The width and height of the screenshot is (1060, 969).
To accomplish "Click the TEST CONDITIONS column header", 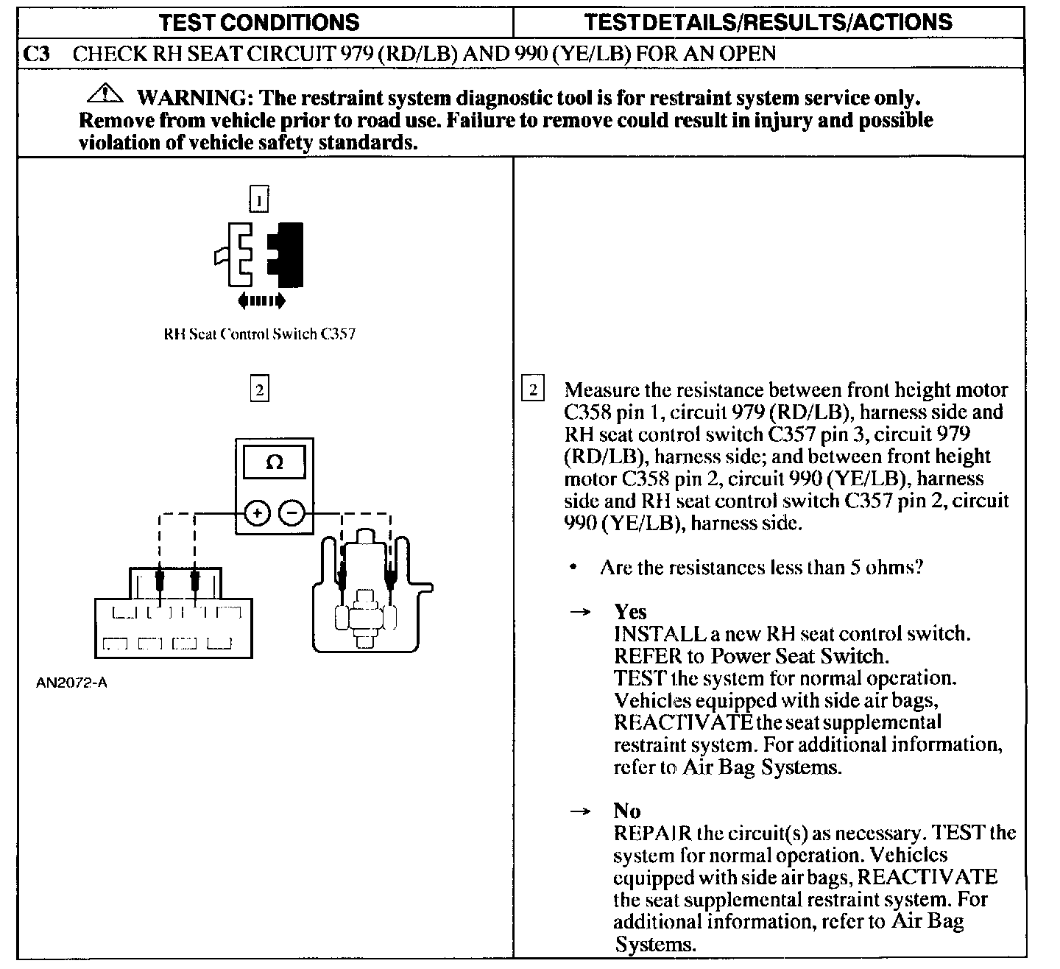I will click(259, 22).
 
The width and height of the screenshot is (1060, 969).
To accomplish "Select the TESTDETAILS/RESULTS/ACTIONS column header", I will click(768, 22).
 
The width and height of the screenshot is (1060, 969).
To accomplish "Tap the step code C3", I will click(37, 54).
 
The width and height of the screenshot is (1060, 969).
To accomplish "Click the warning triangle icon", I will click(105, 95).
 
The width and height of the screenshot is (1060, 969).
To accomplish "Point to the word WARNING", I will click(192, 97).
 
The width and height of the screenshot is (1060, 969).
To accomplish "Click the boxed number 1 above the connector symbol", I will click(259, 200).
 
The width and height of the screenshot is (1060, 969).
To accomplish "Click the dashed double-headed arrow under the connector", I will click(261, 300).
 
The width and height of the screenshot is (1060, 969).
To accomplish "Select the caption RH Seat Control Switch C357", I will click(259, 334).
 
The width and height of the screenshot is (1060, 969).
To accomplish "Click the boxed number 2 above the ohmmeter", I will click(259, 388).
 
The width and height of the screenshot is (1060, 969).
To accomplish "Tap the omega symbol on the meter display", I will click(274, 462).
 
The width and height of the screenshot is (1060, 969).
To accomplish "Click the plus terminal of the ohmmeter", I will click(256, 512).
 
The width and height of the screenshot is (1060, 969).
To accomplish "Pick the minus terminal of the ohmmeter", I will click(292, 512).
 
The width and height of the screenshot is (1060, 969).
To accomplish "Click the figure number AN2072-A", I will click(71, 683).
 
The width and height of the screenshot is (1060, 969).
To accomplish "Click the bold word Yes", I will click(630, 612).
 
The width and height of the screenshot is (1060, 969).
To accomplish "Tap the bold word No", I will click(626, 811).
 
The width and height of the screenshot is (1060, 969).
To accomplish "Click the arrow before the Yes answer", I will click(582, 613).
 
